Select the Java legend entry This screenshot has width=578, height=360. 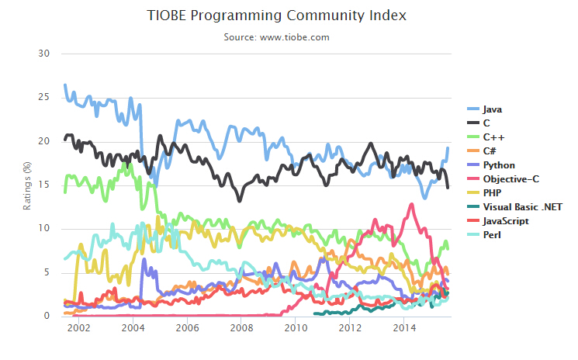[x=492, y=109]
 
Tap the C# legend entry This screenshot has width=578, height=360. [x=490, y=151]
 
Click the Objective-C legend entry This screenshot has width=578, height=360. [x=510, y=178]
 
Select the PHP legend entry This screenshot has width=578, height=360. [x=492, y=192]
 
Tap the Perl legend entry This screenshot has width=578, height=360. [x=491, y=234]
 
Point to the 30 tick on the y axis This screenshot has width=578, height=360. [x=44, y=54]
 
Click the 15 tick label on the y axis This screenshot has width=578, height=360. [x=44, y=185]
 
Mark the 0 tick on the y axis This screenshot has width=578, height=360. [x=47, y=316]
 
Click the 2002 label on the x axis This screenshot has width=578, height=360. [x=78, y=329]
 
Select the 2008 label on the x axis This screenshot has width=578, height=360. [x=241, y=329]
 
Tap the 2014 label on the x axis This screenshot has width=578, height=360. [x=403, y=329]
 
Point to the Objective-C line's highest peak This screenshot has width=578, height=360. [x=410, y=204]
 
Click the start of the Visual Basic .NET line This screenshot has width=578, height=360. [x=315, y=313]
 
